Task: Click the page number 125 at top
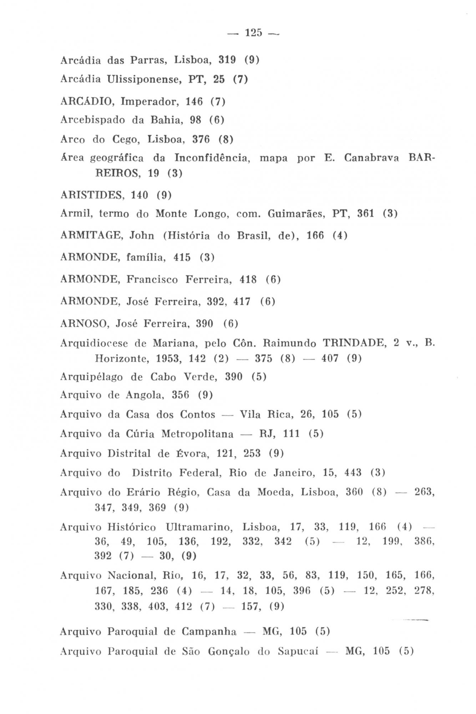coord(253,33)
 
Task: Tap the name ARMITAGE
coord(91,236)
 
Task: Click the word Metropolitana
coord(197,434)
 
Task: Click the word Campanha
coord(209,632)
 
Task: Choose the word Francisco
coord(152,280)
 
